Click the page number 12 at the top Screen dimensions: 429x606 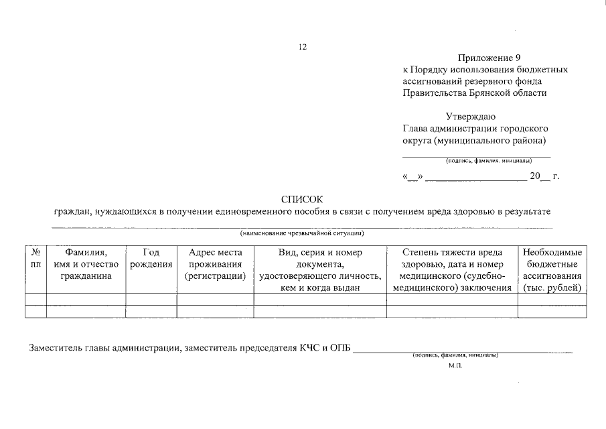[x=302, y=47]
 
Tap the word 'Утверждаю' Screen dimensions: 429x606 [x=471, y=117]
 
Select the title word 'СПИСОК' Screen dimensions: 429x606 [x=302, y=199]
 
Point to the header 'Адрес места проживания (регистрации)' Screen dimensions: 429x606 [x=215, y=264]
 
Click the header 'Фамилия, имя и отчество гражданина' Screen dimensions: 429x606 [x=86, y=264]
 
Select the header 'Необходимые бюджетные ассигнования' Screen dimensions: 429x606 [x=552, y=269]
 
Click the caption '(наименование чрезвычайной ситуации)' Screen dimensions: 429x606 [x=302, y=233]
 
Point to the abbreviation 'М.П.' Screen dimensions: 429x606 [x=455, y=366]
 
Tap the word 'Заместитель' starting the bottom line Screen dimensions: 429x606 [x=55, y=348]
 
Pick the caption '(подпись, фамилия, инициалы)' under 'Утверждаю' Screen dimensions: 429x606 [x=489, y=161]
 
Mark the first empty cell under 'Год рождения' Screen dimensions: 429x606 [x=151, y=300]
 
